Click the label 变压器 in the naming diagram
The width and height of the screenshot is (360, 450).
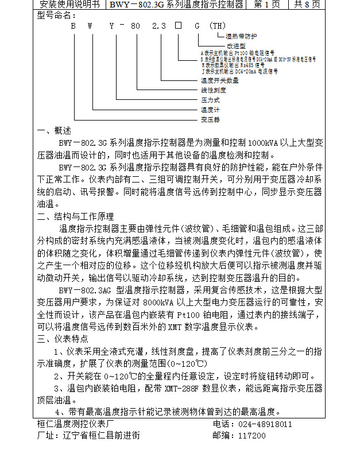click(x=210, y=120)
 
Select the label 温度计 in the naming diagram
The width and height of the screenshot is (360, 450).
click(x=210, y=110)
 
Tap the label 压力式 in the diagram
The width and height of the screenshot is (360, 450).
click(x=210, y=100)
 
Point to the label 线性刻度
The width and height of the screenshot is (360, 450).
click(x=213, y=90)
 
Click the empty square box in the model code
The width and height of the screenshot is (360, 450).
click(x=178, y=26)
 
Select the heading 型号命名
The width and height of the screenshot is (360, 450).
click(x=56, y=15)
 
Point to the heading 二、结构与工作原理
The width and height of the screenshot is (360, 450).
click(x=75, y=216)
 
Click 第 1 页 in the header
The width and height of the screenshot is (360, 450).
click(x=267, y=5)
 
